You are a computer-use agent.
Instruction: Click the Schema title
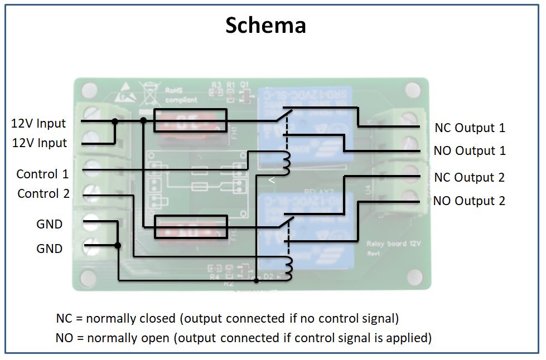point(265,25)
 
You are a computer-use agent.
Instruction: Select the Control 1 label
point(42,174)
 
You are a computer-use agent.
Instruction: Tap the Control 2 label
point(44,194)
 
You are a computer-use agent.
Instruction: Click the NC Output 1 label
point(469,128)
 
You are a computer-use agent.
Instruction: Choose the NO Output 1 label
point(469,151)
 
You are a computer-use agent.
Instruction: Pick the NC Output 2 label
point(469,177)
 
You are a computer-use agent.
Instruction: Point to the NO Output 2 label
point(469,201)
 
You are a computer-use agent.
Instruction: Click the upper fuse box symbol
point(190,120)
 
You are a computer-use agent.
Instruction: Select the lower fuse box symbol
point(190,227)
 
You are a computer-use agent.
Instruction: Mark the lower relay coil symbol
point(287,269)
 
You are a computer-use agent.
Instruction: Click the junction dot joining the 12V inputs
point(115,121)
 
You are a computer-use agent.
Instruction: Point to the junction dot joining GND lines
point(118,245)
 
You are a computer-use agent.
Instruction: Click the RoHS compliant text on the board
point(180,95)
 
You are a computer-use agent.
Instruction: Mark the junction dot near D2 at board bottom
point(256,280)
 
